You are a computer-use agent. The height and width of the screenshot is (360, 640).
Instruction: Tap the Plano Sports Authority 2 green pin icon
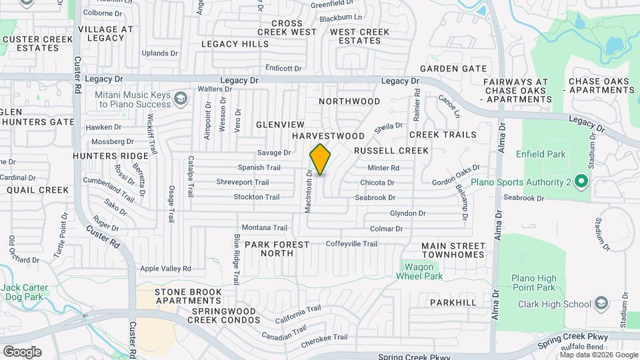580,181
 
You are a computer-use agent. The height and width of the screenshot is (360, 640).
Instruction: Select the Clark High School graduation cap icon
601,305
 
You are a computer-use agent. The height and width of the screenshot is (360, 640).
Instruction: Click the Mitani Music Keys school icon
179,99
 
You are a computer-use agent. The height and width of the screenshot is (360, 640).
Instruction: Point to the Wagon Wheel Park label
419,271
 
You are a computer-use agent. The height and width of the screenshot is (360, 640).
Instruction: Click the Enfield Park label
540,155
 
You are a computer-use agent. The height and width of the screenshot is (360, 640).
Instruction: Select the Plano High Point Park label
533,283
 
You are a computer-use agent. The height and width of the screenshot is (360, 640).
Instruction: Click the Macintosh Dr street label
309,191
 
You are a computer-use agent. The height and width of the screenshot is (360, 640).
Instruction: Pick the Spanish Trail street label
259,167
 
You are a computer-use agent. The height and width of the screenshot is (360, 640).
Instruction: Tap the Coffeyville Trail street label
351,244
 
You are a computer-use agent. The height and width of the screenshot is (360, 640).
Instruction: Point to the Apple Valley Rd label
165,269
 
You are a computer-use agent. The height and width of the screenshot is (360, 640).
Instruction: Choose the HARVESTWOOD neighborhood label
329,136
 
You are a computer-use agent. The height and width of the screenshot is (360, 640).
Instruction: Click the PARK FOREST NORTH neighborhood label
277,249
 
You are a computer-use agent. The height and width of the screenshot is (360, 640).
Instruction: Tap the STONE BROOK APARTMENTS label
188,297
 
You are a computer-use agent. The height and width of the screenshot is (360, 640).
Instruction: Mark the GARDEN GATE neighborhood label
453,69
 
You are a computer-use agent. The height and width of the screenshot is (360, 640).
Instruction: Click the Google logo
22,351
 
